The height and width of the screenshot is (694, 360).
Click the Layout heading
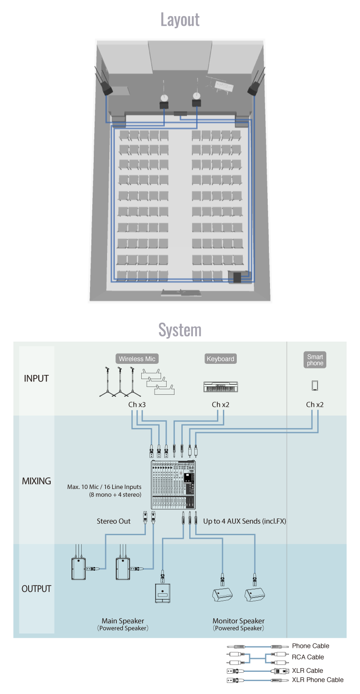[x=180, y=19]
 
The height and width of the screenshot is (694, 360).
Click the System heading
[x=180, y=330]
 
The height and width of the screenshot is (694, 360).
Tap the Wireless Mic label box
[x=138, y=359]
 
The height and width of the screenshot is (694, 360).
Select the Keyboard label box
[x=221, y=359]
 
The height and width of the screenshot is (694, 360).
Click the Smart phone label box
[x=315, y=360]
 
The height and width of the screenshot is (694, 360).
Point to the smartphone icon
[x=315, y=385]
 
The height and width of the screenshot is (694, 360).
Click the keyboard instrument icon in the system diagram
[x=221, y=387]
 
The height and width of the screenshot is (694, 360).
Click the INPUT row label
[x=36, y=379]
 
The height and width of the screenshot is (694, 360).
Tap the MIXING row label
[x=36, y=481]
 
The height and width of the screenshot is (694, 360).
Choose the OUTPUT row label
[x=36, y=589]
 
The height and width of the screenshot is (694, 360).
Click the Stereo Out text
[x=114, y=521]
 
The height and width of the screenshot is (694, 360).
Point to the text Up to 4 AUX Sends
[x=245, y=521]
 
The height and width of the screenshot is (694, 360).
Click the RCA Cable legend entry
[x=308, y=657]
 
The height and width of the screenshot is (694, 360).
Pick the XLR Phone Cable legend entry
[x=318, y=680]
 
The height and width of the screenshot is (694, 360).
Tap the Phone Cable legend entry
[x=311, y=646]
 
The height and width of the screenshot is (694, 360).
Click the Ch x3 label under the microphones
[x=138, y=404]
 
